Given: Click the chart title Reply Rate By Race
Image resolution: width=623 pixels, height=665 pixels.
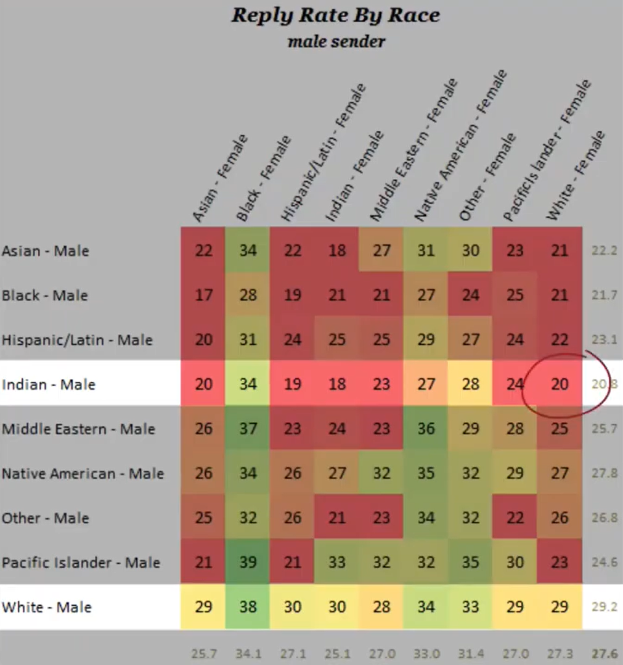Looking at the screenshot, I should point(336,15).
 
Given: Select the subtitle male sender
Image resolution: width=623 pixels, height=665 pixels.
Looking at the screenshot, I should point(336,42).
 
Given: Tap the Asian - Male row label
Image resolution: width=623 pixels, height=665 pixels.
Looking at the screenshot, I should point(46,251).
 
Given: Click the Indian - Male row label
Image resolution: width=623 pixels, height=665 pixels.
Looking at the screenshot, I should point(49,384).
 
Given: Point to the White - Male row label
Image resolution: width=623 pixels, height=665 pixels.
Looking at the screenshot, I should point(47,607).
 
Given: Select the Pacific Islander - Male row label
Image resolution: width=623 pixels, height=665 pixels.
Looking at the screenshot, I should point(81,563).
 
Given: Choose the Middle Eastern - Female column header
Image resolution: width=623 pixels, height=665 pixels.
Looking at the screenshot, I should point(413,151).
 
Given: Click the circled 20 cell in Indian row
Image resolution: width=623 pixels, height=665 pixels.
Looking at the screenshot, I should point(560,384).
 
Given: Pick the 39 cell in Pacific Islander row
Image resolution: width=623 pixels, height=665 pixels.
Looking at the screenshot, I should point(248,563).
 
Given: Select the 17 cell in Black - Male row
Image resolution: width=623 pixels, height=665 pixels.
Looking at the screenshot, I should point(203,295).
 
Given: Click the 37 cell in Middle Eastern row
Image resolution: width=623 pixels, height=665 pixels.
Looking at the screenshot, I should point(248,429).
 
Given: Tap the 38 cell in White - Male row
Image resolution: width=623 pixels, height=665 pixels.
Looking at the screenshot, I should point(248,607).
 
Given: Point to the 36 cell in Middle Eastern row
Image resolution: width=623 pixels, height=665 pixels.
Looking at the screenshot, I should point(426,429).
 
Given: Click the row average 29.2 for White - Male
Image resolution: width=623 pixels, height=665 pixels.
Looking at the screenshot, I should point(604,607).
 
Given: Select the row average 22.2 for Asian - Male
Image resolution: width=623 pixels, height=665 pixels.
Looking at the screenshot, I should point(604,251).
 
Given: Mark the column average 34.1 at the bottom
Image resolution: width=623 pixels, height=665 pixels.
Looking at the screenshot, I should point(248,653).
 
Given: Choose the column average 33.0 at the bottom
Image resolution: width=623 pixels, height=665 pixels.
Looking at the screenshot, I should point(426,653).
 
